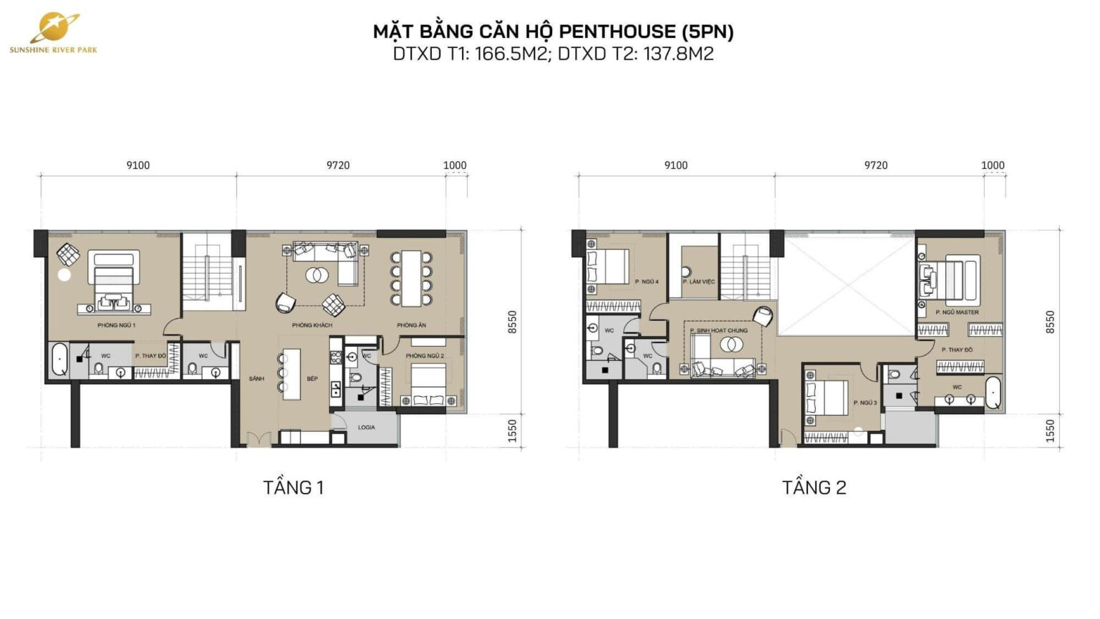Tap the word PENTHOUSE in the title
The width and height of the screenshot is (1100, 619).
(617, 32)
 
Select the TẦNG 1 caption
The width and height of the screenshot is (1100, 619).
(293, 488)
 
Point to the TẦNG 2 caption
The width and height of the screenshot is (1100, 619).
(814, 488)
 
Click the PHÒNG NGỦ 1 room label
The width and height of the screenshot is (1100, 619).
(116, 325)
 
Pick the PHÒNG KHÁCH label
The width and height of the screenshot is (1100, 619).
(312, 325)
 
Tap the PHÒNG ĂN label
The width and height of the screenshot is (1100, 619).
(411, 325)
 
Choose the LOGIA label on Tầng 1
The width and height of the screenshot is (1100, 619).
(366, 428)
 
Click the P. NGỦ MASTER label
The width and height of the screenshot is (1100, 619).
(956, 312)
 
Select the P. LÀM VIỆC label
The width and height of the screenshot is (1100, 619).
(698, 282)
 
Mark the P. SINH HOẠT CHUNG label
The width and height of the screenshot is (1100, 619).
(718, 330)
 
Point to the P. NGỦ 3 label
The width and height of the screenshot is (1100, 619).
(864, 403)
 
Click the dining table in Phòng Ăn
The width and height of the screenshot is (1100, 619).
(411, 278)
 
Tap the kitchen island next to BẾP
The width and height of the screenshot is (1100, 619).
(291, 373)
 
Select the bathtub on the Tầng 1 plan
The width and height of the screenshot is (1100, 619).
(59, 360)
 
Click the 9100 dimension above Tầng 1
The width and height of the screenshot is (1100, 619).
(138, 165)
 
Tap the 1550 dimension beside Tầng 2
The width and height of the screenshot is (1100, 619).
(1050, 431)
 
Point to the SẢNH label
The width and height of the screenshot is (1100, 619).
(256, 378)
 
